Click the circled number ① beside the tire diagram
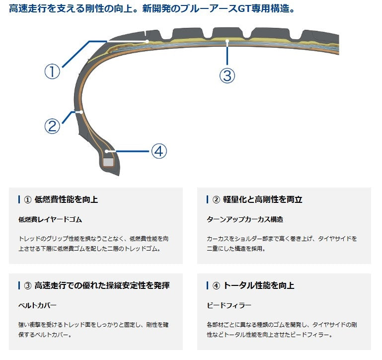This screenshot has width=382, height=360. (x=52, y=72)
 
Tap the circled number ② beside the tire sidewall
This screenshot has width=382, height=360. (x=52, y=126)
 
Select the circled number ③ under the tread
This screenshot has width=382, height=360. (x=227, y=76)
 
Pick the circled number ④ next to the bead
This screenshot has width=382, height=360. (x=158, y=151)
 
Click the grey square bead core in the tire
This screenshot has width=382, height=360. (x=108, y=162)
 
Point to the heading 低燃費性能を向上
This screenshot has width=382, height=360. (x=66, y=199)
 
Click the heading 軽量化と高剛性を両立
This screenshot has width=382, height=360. (x=264, y=199)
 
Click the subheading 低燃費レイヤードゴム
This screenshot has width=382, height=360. (x=50, y=219)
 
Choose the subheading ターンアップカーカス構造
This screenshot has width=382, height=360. (x=245, y=219)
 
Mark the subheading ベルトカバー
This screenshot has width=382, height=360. (x=37, y=305)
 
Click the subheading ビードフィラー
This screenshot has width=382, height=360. (x=229, y=305)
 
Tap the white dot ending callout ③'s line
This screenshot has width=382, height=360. (x=227, y=41)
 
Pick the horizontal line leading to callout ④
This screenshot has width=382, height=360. (x=132, y=151)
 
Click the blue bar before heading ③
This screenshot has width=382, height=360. (x=19, y=285)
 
